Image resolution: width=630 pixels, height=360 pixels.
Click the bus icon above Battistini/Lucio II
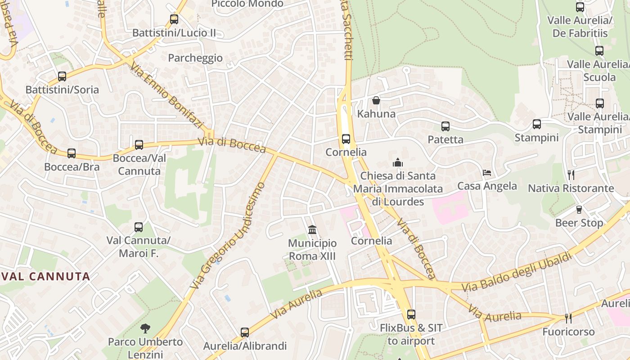[x=174, y=19]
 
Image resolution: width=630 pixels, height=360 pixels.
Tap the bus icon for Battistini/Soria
[x=62, y=76]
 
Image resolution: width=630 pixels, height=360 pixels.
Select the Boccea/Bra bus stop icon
[x=72, y=153]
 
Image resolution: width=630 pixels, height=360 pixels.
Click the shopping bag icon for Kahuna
[x=376, y=100]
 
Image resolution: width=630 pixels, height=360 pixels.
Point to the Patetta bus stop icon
[x=445, y=126]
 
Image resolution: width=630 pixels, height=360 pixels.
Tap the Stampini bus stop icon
[x=536, y=124]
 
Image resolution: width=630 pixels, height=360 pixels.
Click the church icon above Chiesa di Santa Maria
[x=397, y=162]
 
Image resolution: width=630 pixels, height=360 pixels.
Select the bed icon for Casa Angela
[x=487, y=172]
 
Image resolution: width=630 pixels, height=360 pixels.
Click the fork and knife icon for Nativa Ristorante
[x=571, y=175]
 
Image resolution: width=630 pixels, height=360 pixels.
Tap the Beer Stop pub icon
[x=579, y=209]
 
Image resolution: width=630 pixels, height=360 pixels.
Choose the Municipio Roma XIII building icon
[x=312, y=230]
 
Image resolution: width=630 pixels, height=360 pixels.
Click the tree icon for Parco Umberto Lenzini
[x=145, y=328]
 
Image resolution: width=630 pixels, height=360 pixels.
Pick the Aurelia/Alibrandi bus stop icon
[x=245, y=333]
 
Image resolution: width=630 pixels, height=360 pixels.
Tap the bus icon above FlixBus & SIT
[x=411, y=315]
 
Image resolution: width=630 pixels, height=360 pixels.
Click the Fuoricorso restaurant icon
[x=568, y=318]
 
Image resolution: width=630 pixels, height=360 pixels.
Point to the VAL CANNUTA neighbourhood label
[x=45, y=276]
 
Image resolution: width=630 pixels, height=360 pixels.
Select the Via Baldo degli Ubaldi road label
[x=517, y=272]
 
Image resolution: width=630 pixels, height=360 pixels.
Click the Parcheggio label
[x=195, y=58]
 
